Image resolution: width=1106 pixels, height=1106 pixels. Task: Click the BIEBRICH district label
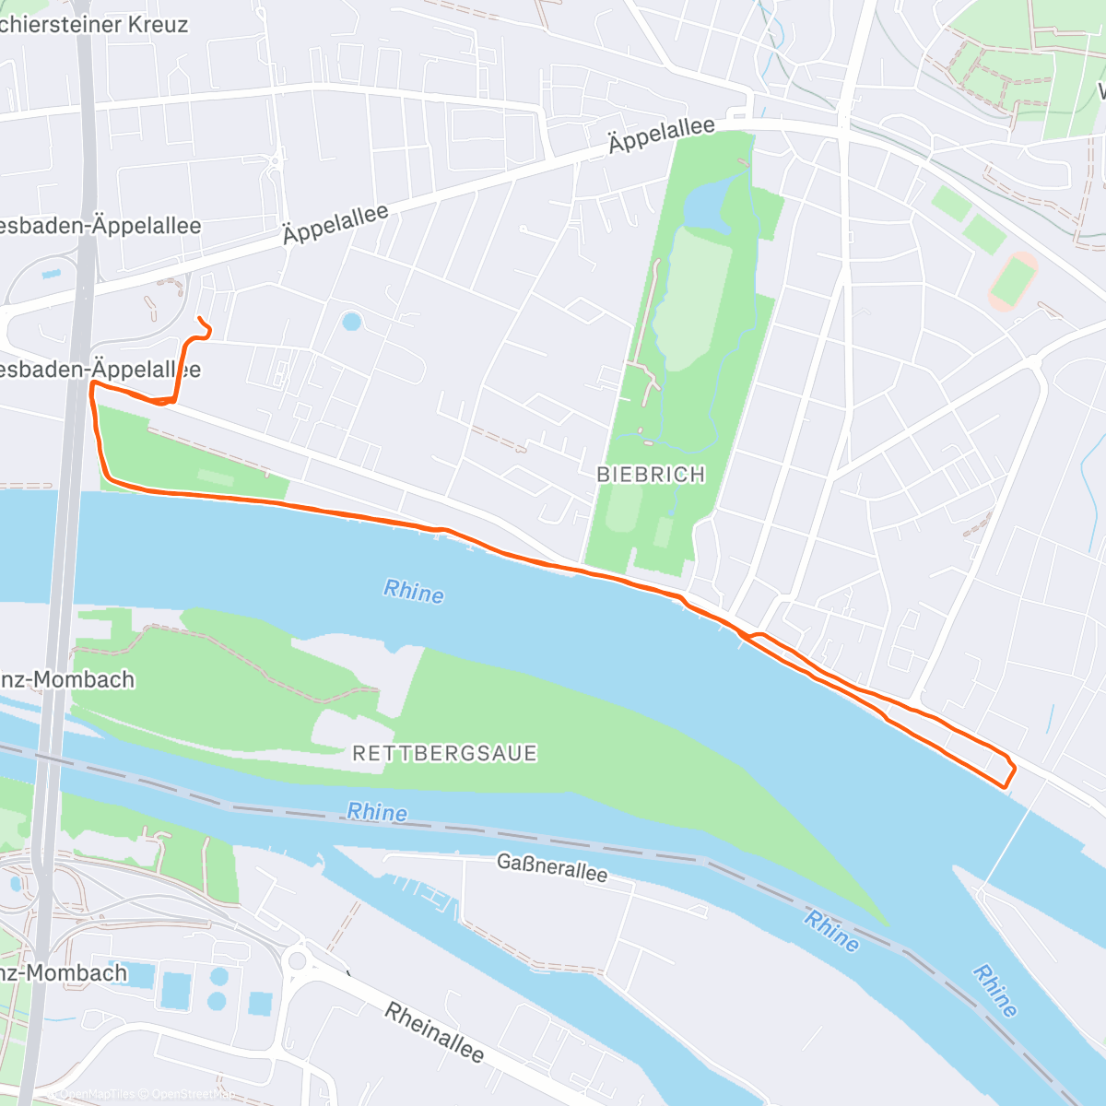tap(651, 475)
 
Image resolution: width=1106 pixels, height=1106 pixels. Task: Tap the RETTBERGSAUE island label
tap(444, 753)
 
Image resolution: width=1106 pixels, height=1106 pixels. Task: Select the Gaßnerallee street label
tap(552, 867)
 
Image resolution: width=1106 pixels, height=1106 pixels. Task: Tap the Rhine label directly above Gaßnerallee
tap(377, 812)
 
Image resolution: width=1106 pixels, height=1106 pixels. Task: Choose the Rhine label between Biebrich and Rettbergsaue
tap(414, 592)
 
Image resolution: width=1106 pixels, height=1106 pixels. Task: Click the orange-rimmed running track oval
tap(1013, 281)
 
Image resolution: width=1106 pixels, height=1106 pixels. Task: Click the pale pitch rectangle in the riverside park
tap(215, 478)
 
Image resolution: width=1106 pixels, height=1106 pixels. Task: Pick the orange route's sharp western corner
tap(92, 386)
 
